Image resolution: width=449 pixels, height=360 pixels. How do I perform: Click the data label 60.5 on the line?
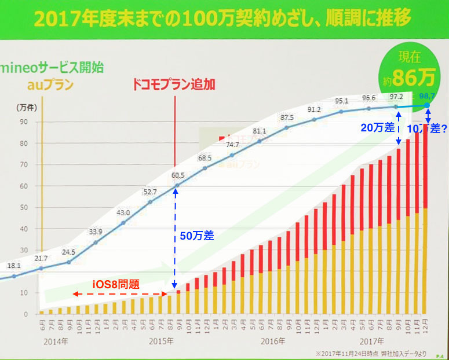tap(177, 175)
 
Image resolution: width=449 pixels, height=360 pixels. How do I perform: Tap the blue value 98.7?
tap(428, 95)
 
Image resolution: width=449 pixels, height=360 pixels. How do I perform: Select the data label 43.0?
tap(123, 212)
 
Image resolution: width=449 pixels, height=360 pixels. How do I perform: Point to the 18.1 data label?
tap(15, 266)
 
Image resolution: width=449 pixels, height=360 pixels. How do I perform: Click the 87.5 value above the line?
tap(287, 117)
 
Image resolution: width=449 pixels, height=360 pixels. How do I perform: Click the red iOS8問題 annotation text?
tap(116, 284)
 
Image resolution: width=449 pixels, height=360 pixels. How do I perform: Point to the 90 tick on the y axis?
tap(25, 122)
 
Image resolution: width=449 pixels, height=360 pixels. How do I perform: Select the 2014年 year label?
tap(54, 341)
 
